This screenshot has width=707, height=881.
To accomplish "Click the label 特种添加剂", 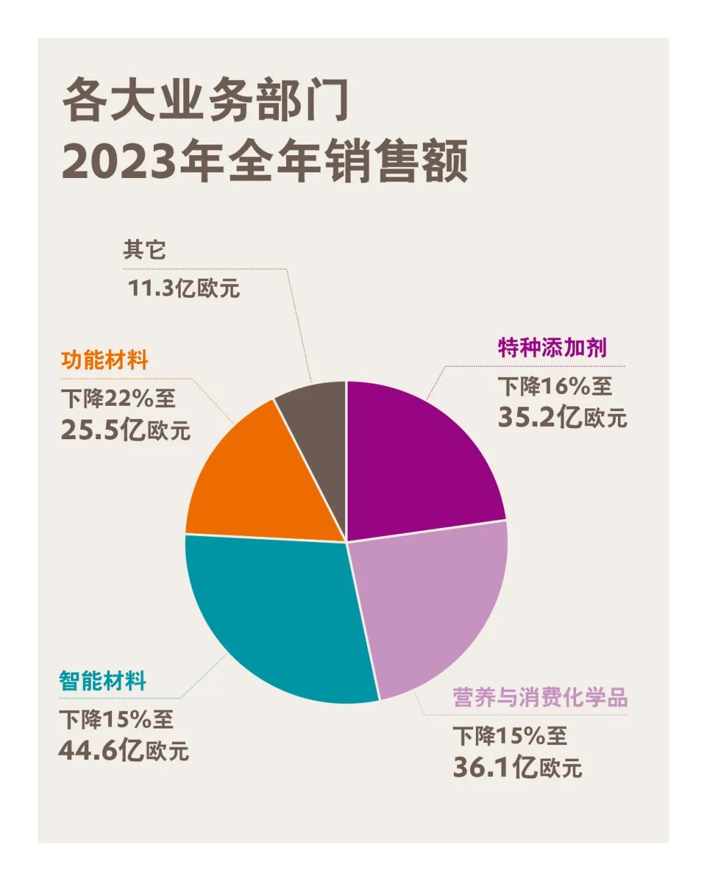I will (x=553, y=348).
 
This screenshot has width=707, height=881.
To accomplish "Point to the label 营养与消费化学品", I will (x=541, y=698).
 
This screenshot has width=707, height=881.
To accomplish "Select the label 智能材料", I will (x=103, y=681).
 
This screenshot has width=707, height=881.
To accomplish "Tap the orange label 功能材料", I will (x=105, y=361).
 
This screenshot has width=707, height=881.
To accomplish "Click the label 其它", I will (x=145, y=250).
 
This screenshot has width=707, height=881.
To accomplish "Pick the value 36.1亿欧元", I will (x=517, y=767).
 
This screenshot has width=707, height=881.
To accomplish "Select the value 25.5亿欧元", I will (x=126, y=430).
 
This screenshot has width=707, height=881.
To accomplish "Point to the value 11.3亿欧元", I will (x=184, y=288).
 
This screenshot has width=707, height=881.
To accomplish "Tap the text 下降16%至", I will (x=555, y=387).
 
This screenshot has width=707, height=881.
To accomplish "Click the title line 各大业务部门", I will (x=206, y=101).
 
